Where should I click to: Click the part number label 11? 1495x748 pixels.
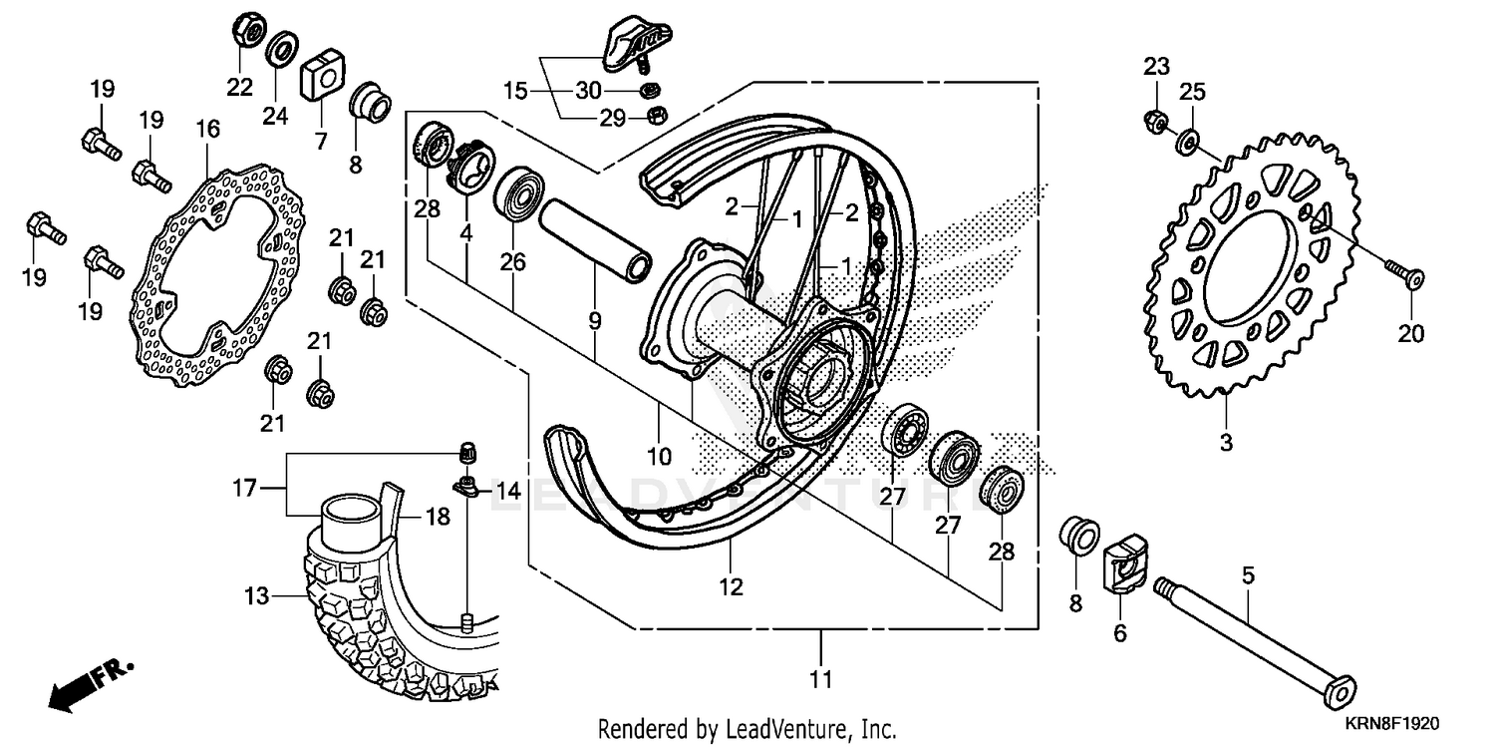[x=820, y=681]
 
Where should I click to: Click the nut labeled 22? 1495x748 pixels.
[x=246, y=31]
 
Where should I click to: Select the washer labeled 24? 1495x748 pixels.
[x=282, y=46]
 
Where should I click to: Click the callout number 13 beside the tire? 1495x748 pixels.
[x=255, y=596]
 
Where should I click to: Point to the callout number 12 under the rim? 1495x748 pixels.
[x=731, y=587]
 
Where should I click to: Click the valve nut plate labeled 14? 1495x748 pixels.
[x=465, y=487]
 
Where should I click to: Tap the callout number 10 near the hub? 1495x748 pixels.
[x=659, y=457]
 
